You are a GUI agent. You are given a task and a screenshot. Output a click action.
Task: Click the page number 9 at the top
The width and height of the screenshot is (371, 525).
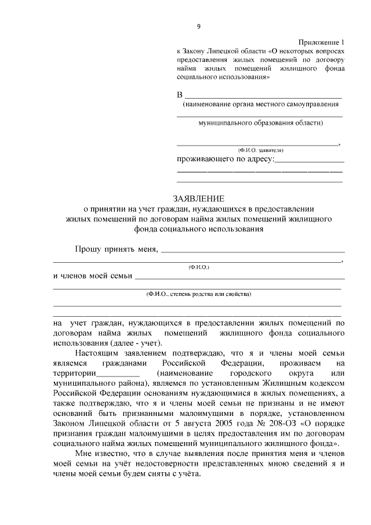pos(199,26)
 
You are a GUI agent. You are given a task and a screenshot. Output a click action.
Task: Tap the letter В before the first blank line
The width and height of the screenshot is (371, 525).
pos(180,95)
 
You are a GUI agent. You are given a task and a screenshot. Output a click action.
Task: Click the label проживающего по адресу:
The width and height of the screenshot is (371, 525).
pos(224,158)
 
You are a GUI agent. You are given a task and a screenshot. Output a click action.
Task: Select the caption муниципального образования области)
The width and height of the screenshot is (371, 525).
pos(260,123)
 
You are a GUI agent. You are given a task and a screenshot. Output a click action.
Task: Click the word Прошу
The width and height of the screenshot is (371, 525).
pos(88,249)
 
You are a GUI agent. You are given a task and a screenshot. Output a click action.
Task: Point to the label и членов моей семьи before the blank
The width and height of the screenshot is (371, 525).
pos(92,275)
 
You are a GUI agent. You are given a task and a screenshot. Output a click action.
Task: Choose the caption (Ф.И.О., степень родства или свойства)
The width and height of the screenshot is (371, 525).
pos(199,294)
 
